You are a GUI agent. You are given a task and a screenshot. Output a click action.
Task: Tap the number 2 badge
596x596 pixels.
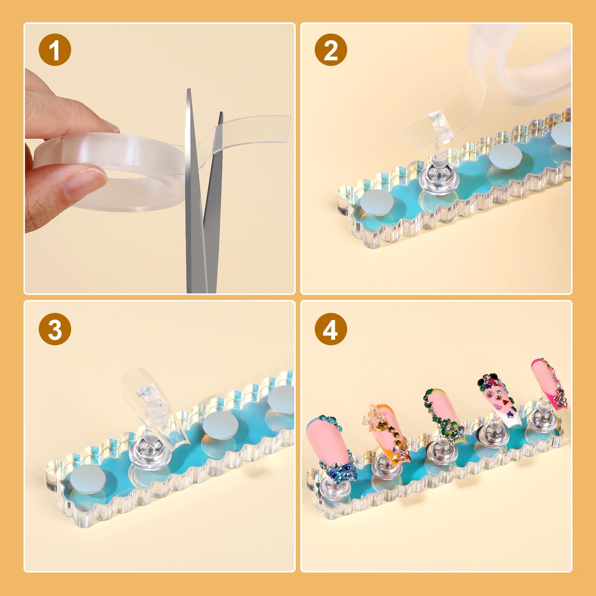pos(331,50)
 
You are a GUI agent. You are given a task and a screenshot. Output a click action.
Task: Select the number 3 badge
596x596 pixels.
pos(55,329)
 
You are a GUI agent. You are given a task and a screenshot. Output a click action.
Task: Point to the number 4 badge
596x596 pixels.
pos(331,329)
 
